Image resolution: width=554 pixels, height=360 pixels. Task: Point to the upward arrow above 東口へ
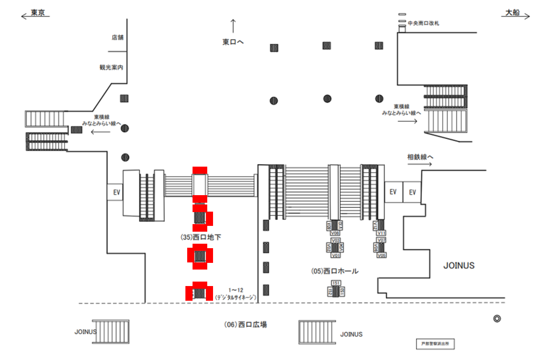233,27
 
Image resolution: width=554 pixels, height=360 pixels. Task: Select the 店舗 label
117,37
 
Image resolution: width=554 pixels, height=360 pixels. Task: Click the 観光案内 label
111,68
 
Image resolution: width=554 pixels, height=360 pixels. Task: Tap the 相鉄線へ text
420,157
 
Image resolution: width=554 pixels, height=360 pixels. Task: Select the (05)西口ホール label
335,271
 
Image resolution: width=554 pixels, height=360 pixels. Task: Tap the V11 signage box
381,233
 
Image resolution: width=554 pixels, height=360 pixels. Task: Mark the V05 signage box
381,256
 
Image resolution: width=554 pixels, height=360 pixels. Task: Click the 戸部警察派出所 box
435,344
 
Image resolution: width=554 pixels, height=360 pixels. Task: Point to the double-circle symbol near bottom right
497,318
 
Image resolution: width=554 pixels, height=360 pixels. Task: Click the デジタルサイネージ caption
236,297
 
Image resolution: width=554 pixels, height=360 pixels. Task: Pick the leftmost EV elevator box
115,192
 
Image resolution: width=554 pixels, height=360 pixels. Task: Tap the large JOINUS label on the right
459,266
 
